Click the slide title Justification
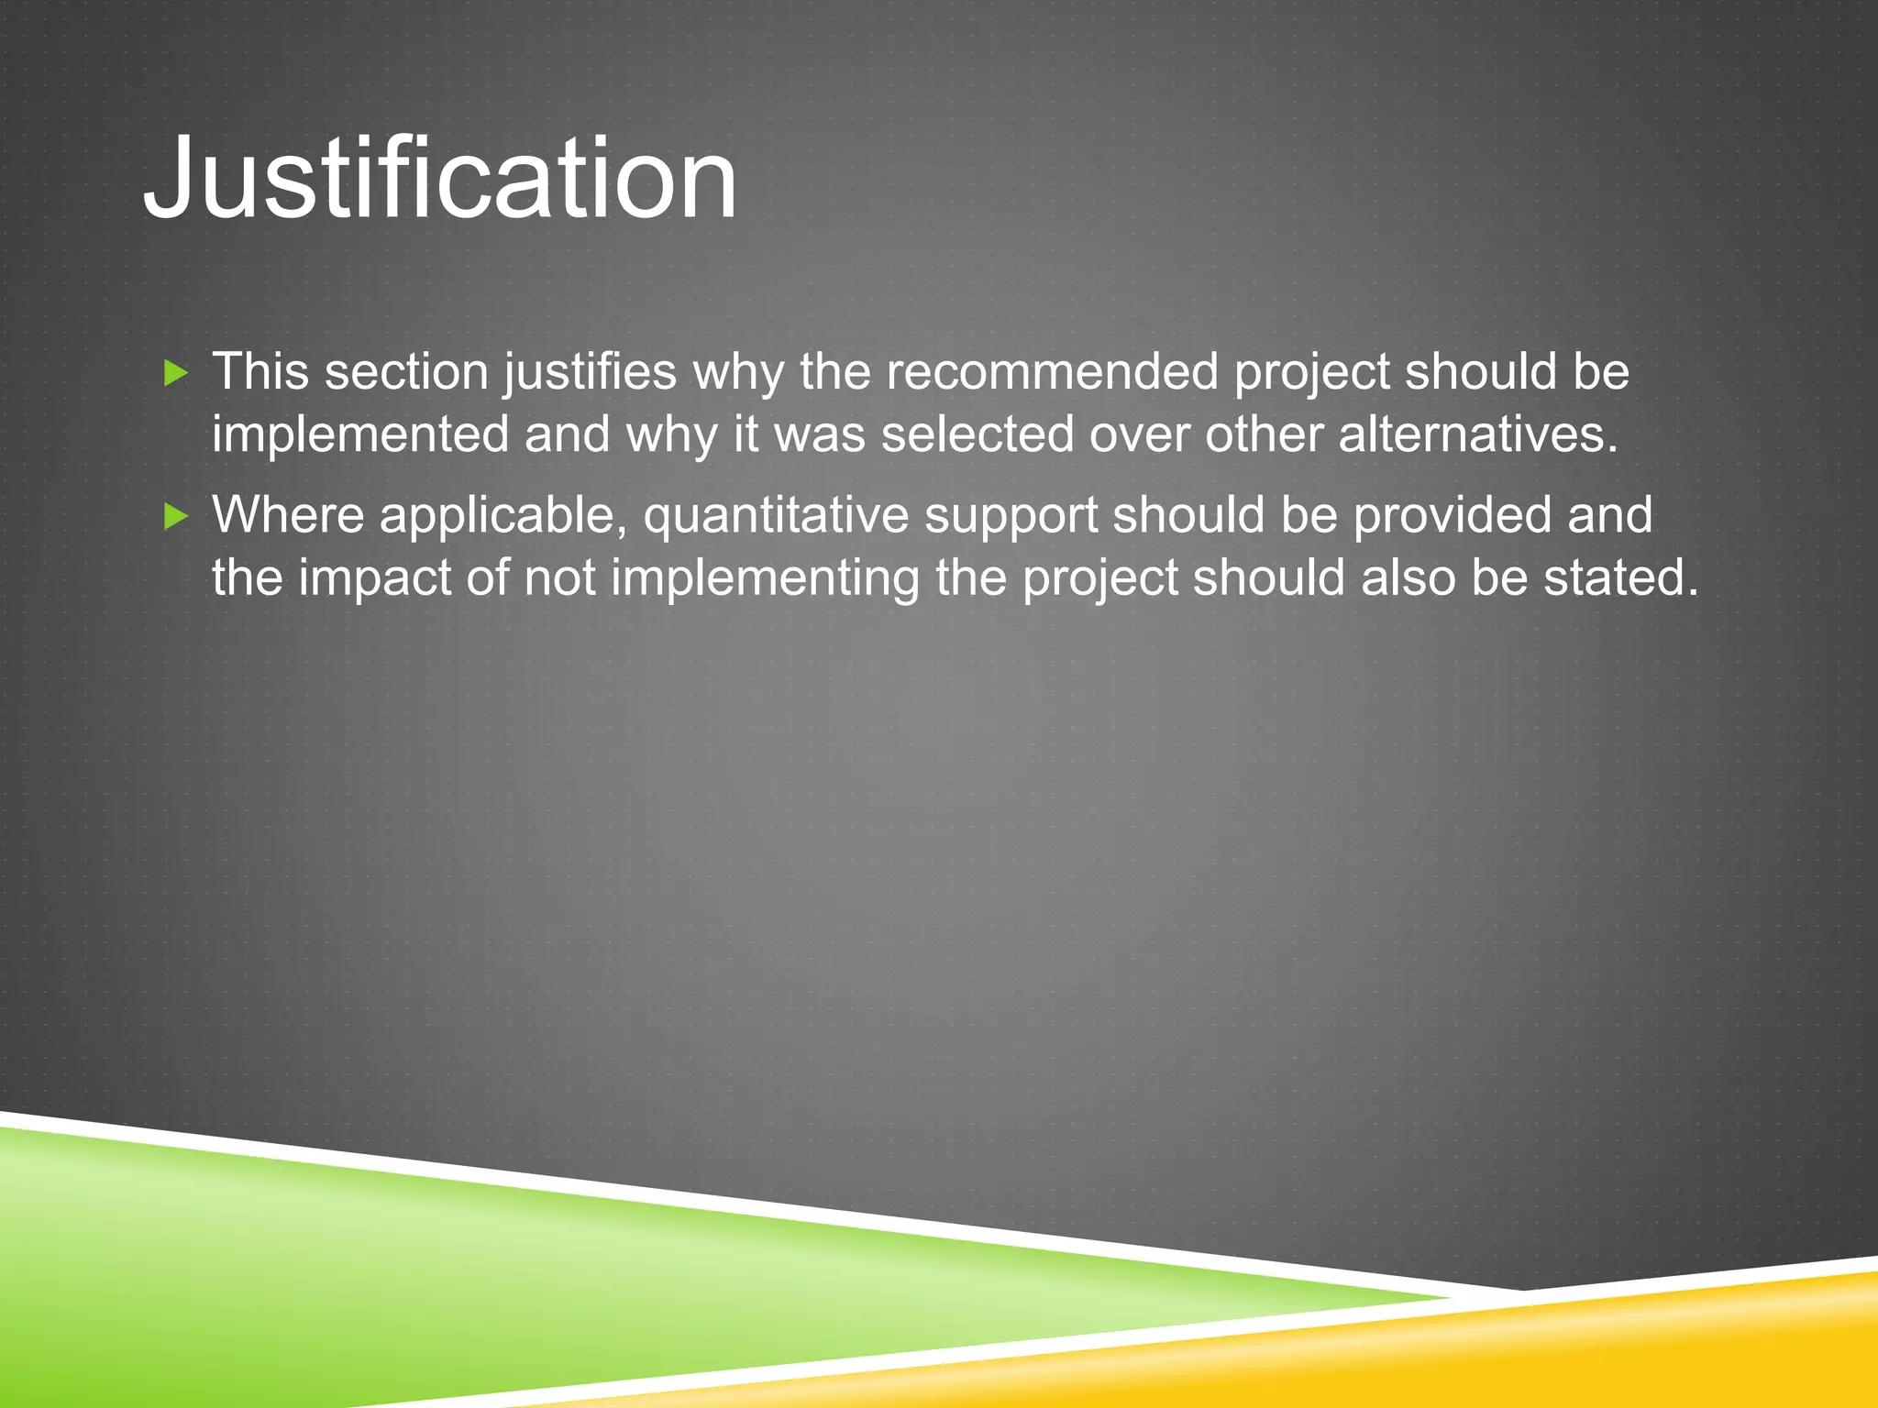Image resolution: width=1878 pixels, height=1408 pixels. (x=440, y=178)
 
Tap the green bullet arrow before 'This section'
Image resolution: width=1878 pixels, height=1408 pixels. (x=176, y=373)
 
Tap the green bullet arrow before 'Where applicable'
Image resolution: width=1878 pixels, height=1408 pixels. (x=176, y=517)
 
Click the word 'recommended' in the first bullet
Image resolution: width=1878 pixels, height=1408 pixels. (x=1052, y=372)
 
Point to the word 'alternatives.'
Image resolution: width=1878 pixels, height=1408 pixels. (x=1478, y=434)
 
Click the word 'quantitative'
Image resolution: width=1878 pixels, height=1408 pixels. (x=776, y=516)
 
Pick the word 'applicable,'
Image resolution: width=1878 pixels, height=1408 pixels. (x=503, y=516)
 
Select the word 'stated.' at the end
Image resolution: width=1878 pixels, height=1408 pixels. (x=1620, y=578)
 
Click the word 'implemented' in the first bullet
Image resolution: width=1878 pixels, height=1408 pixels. (x=360, y=435)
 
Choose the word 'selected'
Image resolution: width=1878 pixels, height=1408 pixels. (x=978, y=434)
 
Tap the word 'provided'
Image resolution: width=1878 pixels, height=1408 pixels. (x=1452, y=516)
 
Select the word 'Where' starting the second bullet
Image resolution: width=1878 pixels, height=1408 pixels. (x=289, y=515)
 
